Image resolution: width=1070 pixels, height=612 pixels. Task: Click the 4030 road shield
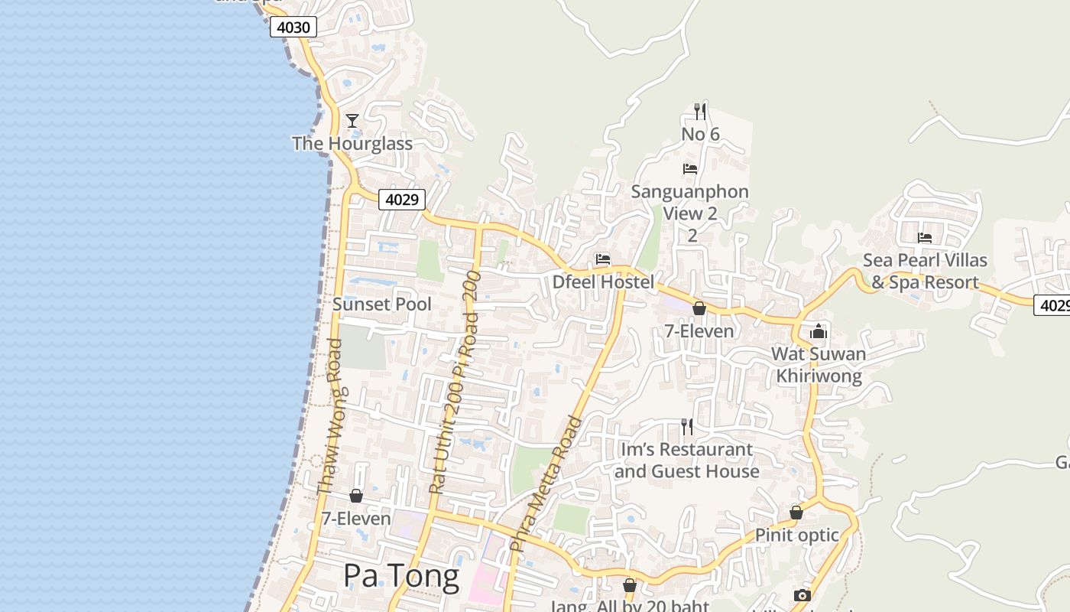coord(293,28)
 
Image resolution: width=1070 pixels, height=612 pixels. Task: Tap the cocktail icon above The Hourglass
coord(352,121)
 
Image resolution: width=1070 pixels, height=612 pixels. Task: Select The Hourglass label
coord(352,144)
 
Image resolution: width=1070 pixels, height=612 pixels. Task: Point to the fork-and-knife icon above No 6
coord(700,112)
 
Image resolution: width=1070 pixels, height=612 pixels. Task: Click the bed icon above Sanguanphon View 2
coord(690,169)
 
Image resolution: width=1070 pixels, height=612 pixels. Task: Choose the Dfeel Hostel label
coord(604,282)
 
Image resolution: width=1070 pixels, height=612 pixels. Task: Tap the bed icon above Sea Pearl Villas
coord(925,238)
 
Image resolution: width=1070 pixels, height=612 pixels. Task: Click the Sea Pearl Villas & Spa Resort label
coord(925,272)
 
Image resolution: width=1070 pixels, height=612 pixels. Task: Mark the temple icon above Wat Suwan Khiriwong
coord(819,331)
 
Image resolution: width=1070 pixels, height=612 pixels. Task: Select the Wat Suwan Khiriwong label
coord(819,365)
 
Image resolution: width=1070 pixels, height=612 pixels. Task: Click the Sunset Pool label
coord(382,304)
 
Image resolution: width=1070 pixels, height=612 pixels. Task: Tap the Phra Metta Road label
coord(546,483)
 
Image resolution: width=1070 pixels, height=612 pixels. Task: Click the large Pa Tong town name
coord(401,576)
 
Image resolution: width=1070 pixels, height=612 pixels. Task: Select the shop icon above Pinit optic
coord(796,513)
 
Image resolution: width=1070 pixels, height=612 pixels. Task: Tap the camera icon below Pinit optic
coord(802,595)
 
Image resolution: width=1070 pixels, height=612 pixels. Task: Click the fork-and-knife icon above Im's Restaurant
coord(687,427)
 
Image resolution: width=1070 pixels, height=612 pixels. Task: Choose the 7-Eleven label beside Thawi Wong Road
coord(356,519)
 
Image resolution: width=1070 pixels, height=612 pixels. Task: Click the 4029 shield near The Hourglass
coord(402,200)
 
